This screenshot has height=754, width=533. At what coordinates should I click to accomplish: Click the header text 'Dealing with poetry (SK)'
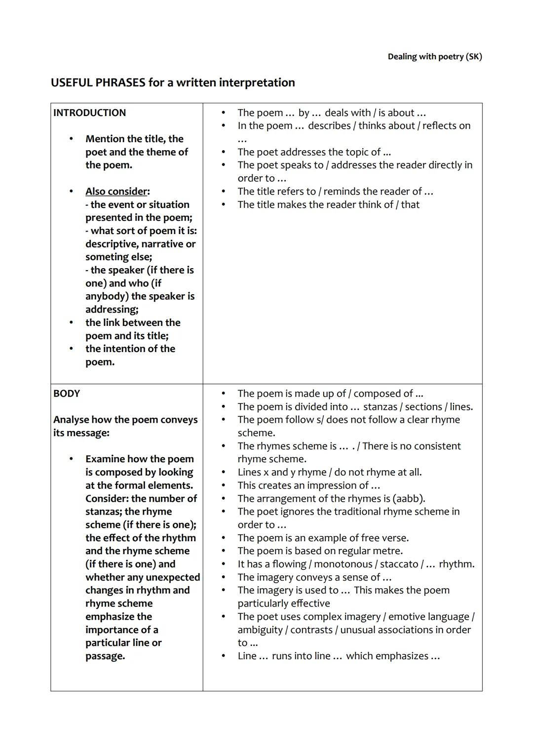434,57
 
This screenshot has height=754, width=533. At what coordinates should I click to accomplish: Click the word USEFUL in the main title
72,82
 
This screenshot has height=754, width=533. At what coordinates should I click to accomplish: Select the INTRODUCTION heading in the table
89,113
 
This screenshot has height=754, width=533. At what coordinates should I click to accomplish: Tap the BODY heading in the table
66,394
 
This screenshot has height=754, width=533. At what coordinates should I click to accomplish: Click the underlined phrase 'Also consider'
116,192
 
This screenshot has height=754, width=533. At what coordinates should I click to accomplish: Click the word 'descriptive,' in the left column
112,244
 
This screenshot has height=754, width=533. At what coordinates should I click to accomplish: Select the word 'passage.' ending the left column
105,656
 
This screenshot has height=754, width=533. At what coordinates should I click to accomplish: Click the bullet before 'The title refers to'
223,192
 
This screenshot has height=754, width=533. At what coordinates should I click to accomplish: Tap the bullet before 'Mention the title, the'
72,139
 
